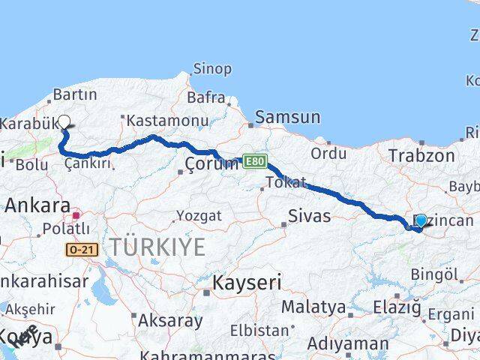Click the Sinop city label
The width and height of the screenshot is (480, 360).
click(212, 69)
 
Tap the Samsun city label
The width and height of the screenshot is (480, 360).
click(287, 117)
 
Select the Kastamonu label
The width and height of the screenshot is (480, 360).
click(166, 120)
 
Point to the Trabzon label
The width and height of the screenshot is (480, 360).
click(421, 156)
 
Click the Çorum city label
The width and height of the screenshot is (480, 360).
click(212, 164)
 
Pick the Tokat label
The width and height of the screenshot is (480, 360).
click(286, 182)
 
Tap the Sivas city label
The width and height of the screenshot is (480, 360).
click(310, 217)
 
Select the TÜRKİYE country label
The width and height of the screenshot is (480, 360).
click(157, 247)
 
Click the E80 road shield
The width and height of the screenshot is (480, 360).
click(254, 160)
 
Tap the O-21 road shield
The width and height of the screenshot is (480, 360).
click(82, 249)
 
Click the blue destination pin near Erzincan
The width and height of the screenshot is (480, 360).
click(421, 220)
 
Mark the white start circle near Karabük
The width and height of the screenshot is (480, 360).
click(64, 122)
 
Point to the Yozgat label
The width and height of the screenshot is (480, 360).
click(199, 216)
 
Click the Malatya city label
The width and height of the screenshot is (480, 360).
click(313, 307)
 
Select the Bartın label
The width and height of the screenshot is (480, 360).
click(75, 95)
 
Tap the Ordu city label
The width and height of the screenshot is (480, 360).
click(328, 154)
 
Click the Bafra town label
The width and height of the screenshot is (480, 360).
click(206, 97)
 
